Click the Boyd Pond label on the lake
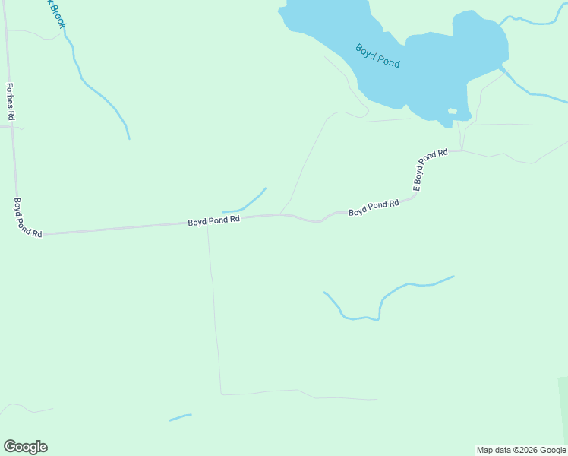(x=377, y=55)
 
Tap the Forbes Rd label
(x=11, y=102)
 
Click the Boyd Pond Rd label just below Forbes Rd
(x=27, y=217)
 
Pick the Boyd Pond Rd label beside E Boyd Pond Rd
(x=374, y=207)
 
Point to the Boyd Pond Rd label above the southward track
(x=214, y=220)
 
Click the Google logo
(x=25, y=447)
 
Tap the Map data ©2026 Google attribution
(x=521, y=450)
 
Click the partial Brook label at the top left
(x=58, y=14)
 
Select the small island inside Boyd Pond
(x=453, y=112)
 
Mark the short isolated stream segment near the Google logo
(x=180, y=416)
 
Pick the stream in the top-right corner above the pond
(x=532, y=21)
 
